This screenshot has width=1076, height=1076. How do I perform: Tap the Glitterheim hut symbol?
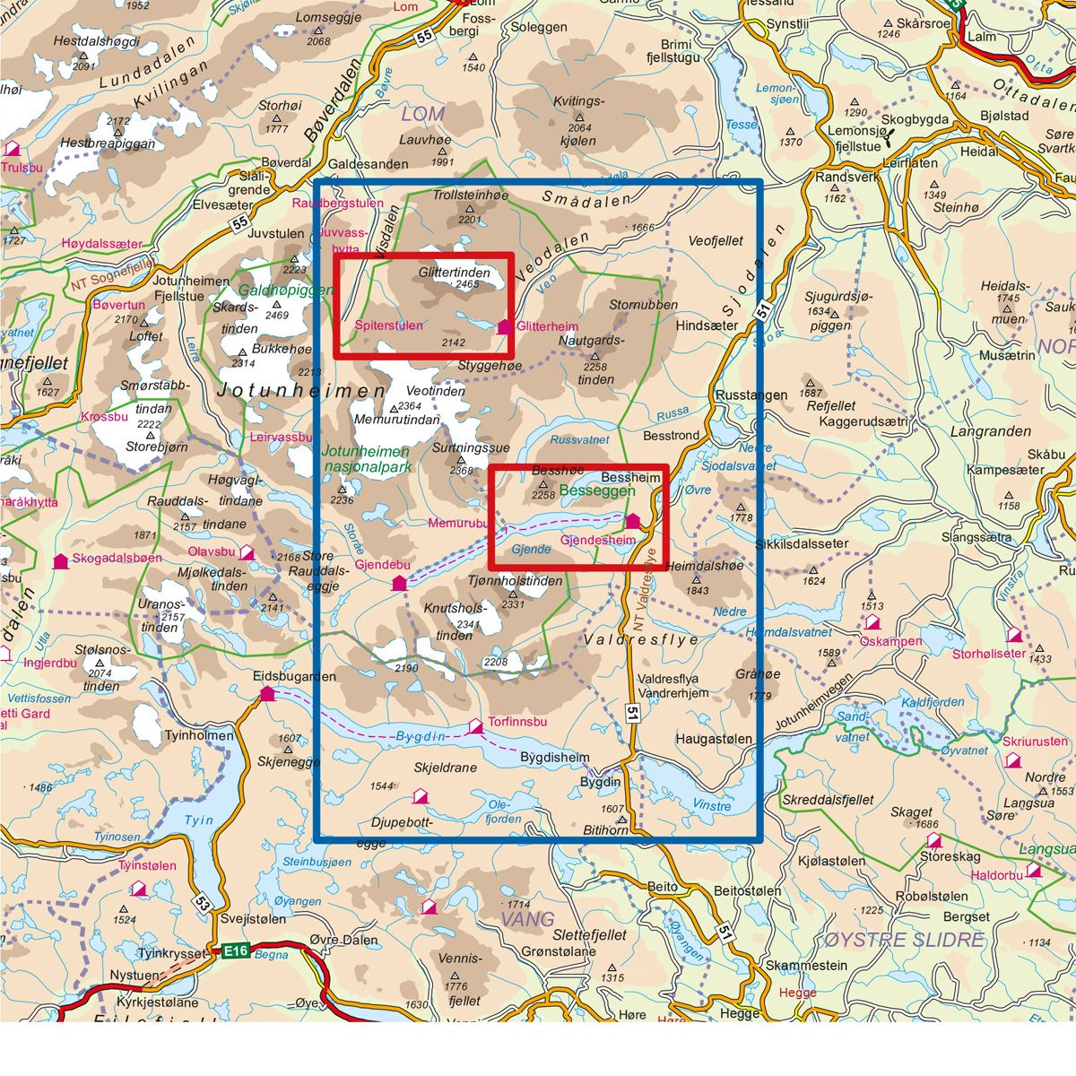tap(504, 327)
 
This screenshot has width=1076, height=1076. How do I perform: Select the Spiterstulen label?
tap(388, 325)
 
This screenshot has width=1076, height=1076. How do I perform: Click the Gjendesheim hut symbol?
tap(633, 521)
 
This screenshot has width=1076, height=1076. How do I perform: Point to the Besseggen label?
tap(597, 491)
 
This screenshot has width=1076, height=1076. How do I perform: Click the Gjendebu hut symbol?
tap(400, 584)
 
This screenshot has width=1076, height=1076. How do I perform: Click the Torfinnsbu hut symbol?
tap(476, 725)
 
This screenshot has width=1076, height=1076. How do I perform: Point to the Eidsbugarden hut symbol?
tap(266, 693)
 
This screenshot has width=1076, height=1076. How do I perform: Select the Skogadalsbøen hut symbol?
tap(60, 562)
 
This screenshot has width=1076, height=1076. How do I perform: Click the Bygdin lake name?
tap(420, 737)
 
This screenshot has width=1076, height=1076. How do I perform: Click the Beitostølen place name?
tap(747, 891)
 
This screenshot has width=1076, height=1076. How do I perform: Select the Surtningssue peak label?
tap(471, 447)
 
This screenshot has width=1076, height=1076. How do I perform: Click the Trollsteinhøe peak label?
tap(471, 195)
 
